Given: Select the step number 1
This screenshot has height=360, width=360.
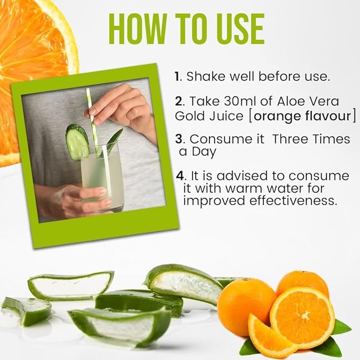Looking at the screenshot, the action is (x=177, y=76).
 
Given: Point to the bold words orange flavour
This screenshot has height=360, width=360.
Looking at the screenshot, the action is (x=303, y=116).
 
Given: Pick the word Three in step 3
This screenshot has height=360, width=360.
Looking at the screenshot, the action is (x=289, y=139).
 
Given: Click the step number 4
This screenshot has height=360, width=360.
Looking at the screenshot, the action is (x=180, y=176).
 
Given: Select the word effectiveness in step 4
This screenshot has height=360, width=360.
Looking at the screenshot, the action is (x=293, y=200).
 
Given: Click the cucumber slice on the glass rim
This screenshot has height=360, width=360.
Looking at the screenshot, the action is (x=77, y=142).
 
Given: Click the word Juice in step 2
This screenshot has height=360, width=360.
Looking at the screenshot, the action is (x=226, y=116).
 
